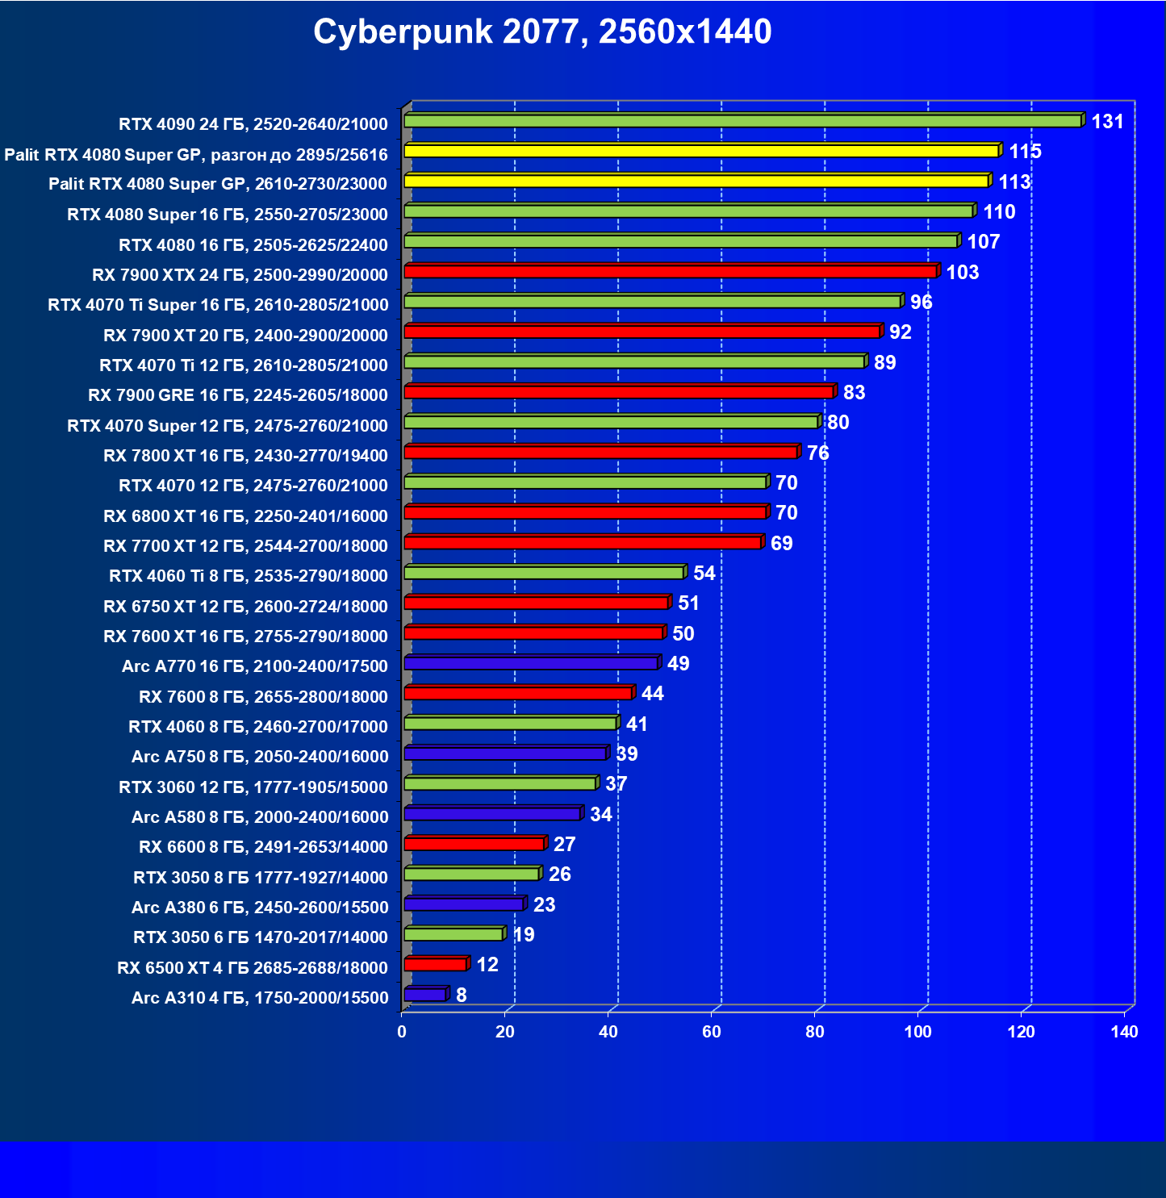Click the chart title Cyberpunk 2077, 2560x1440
pos(542,32)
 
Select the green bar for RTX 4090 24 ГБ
pos(742,121)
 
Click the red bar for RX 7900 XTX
pos(670,271)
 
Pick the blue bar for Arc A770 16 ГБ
pos(531,663)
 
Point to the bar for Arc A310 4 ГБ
pos(424,995)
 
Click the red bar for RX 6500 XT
pos(435,964)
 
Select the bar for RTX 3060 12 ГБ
pos(499,783)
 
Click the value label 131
pos(1107,122)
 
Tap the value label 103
pos(962,273)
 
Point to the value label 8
pos(461,996)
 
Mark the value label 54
pos(704,574)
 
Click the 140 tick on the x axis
pos(1124,1032)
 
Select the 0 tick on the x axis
pos(402,1032)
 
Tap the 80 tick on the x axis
pos(815,1032)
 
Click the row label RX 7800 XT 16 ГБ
pos(245,456)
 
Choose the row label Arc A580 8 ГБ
pos(260,817)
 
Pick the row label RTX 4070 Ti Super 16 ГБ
pos(218,305)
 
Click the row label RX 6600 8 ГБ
pos(263,847)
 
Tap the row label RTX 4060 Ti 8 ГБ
pos(249,576)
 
